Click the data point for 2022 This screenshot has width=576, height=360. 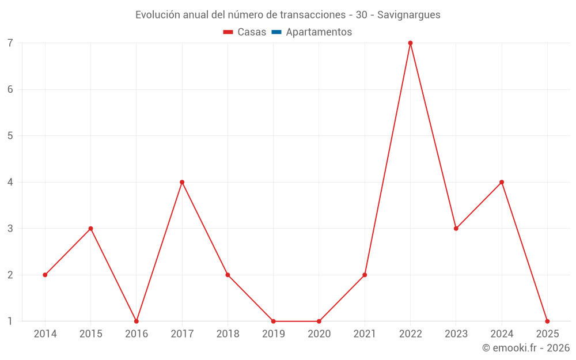point(410,43)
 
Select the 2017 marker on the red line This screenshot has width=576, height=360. point(182,182)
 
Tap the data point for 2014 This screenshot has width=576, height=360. point(45,275)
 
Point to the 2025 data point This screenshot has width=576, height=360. point(547,321)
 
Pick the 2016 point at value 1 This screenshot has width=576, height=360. point(137,321)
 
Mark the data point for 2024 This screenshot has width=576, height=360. point(502,182)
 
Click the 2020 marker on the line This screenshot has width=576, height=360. point(319,321)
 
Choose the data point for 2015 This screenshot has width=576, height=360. point(90,229)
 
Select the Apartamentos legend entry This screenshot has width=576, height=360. point(319,32)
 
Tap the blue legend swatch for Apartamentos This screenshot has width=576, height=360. point(276,32)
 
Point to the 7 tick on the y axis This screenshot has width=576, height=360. point(10,43)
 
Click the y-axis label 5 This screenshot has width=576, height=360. point(10,136)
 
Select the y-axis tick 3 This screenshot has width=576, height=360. point(10,229)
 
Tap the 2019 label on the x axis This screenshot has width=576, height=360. point(274,334)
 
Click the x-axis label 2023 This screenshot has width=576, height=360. point(456,334)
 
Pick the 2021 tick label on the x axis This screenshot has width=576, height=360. point(365,334)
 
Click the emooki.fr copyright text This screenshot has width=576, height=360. point(526,348)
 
